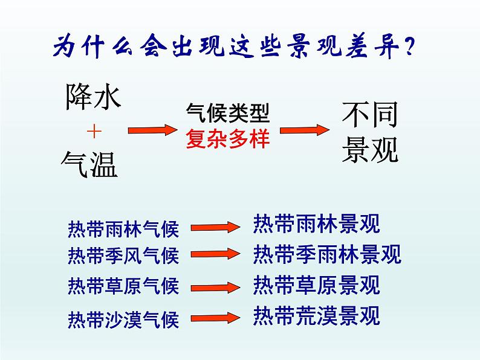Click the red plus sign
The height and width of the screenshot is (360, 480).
tap(94, 132)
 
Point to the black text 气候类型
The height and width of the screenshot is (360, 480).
tap(227, 114)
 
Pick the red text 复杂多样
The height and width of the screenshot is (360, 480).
tap(227, 140)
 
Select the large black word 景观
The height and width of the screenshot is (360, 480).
tap(370, 149)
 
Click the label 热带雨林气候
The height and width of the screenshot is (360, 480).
tap(124, 230)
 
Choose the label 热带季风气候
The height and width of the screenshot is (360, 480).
tap(124, 256)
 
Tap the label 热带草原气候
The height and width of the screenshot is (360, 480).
tap(124, 285)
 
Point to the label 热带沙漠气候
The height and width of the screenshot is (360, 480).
tap(124, 318)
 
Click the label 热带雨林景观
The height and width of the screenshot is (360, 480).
tap(316, 224)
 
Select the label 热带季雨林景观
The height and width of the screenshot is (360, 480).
tap(327, 254)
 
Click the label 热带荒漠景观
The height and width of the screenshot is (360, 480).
tap(316, 315)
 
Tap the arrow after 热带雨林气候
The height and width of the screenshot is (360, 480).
tap(215, 228)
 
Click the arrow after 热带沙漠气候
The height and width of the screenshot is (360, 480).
tap(215, 317)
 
